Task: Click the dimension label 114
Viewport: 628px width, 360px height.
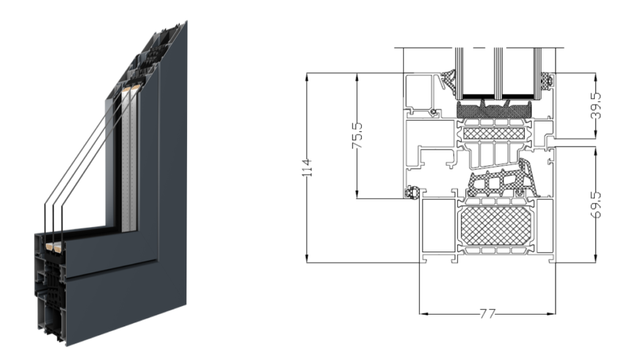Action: pos(307,168)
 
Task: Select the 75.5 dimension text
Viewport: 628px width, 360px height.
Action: pos(358,136)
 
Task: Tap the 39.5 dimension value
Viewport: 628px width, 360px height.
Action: pos(596,105)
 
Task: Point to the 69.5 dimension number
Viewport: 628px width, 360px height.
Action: pos(596,204)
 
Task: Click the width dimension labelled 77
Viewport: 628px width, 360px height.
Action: pos(488,313)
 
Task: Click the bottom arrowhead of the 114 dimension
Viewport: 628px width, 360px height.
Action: pos(307,259)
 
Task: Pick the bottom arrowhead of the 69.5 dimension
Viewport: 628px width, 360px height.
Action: pos(596,258)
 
